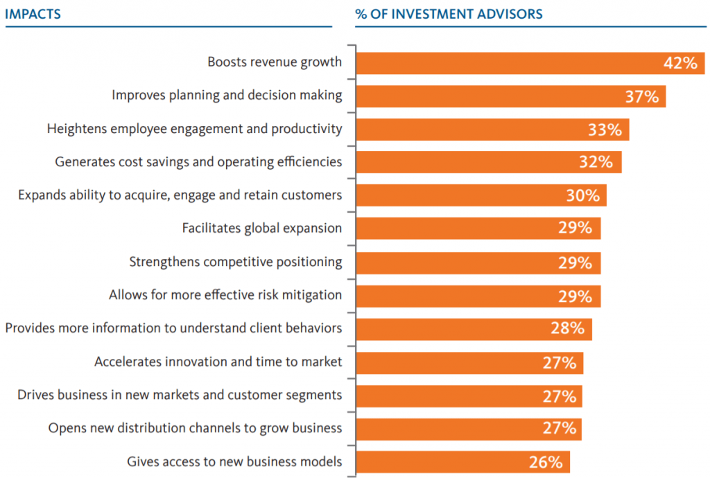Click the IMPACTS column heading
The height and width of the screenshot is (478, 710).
coord(33,14)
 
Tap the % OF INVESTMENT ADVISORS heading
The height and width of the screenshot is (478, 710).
coord(449,14)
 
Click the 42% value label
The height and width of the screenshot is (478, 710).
coord(679,63)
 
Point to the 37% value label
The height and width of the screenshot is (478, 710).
coord(641,96)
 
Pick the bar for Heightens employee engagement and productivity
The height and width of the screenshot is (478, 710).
coord(492,130)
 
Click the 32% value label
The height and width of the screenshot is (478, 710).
coord(596,162)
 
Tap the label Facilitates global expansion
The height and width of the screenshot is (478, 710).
coord(261,228)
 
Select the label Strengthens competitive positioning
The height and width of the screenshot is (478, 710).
coord(236,262)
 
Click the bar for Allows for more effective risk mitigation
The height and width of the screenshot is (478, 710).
coord(478,296)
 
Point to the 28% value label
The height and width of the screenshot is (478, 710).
coord(567,328)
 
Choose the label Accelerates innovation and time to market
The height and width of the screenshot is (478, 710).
coord(218,362)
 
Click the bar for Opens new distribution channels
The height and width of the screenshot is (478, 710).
coord(469,429)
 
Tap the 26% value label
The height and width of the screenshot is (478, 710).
coord(546,462)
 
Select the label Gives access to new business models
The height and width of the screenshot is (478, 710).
coord(234,461)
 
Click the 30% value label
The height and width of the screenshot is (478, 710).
coord(582,195)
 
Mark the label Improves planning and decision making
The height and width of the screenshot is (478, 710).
coord(227,95)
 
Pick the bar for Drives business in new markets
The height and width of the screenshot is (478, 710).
coord(469,396)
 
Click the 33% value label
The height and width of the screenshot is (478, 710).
coord(605,130)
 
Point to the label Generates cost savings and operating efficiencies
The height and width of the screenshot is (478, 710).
coord(198,161)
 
